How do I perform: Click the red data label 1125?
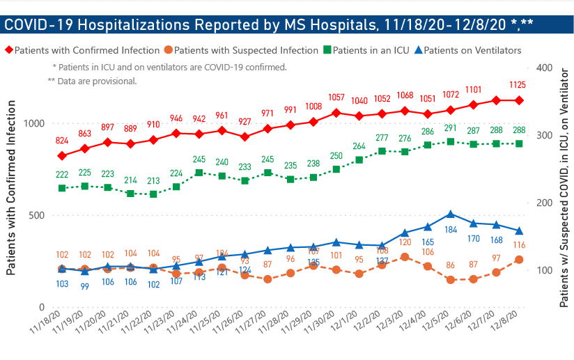[x=518, y=85]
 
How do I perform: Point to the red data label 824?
[x=62, y=141]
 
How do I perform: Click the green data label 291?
[x=451, y=128]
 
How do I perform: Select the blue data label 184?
[x=451, y=229]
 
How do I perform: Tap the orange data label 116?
[x=518, y=245]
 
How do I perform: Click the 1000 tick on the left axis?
[x=32, y=123]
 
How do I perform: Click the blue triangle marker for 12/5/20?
[x=451, y=214]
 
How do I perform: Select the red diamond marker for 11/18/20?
[x=62, y=155]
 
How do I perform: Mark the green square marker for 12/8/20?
[x=519, y=143]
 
